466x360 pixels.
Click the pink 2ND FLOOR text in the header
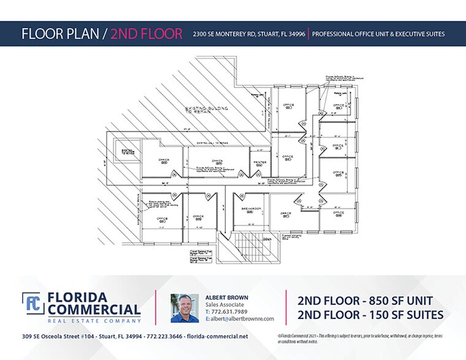pyautogui.click(x=146, y=34)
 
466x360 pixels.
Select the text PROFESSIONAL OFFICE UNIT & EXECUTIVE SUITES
pyautogui.click(x=378, y=34)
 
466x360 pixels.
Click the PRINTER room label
pyautogui.click(x=259, y=163)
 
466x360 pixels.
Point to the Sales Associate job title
pyautogui.click(x=224, y=305)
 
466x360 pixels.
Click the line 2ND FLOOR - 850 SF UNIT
pyautogui.click(x=366, y=301)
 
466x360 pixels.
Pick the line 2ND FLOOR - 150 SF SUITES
pyautogui.click(x=369, y=315)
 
